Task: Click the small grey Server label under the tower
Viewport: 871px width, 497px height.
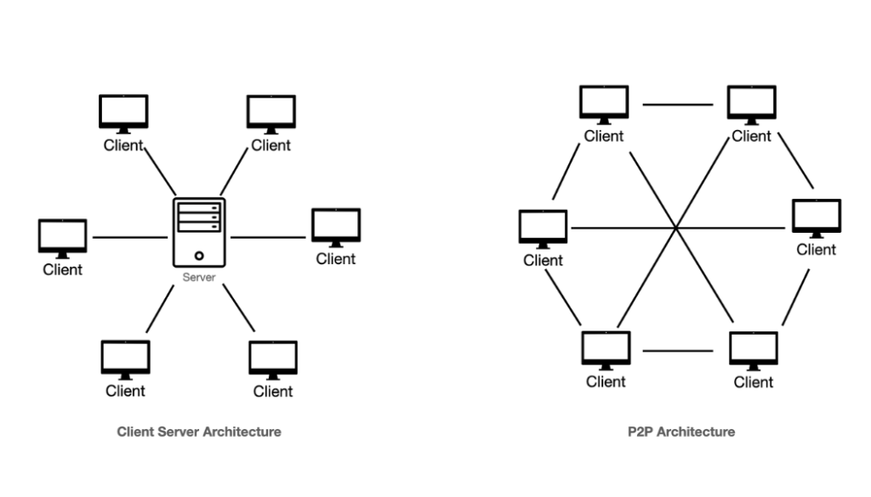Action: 199,278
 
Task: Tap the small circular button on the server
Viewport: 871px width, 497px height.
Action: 199,254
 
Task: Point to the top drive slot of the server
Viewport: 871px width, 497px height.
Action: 199,207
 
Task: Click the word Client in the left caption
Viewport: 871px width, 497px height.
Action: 134,432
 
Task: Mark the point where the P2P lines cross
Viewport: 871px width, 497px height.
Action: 676,228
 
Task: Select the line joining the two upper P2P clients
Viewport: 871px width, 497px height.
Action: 678,105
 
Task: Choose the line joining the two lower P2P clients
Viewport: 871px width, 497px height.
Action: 678,351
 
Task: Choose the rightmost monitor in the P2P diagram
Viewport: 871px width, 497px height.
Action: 817,217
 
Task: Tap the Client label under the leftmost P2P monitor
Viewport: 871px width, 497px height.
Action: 543,260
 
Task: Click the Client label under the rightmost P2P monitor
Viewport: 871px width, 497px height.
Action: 817,249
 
